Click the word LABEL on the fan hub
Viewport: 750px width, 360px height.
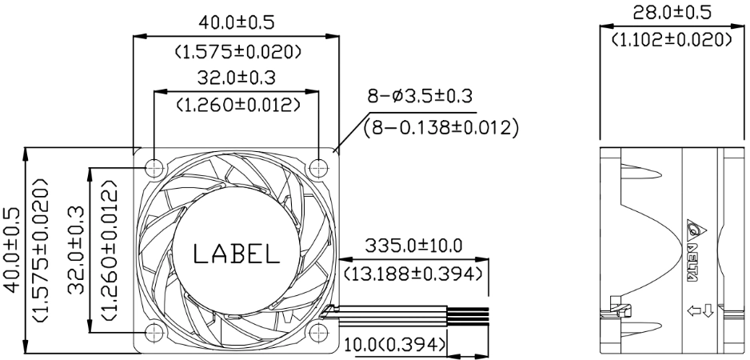tap(237, 254)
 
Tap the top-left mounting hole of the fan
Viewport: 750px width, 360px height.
tap(154, 167)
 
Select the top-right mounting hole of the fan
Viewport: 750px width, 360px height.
tap(318, 167)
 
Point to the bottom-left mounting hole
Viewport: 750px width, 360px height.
tap(154, 332)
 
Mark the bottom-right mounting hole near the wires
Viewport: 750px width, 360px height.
tap(318, 332)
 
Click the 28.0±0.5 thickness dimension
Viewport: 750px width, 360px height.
tap(672, 13)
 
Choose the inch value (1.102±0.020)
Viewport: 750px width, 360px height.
tap(672, 39)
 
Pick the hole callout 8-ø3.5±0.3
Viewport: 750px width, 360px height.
tap(420, 96)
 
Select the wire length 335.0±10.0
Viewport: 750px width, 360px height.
tap(413, 246)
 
